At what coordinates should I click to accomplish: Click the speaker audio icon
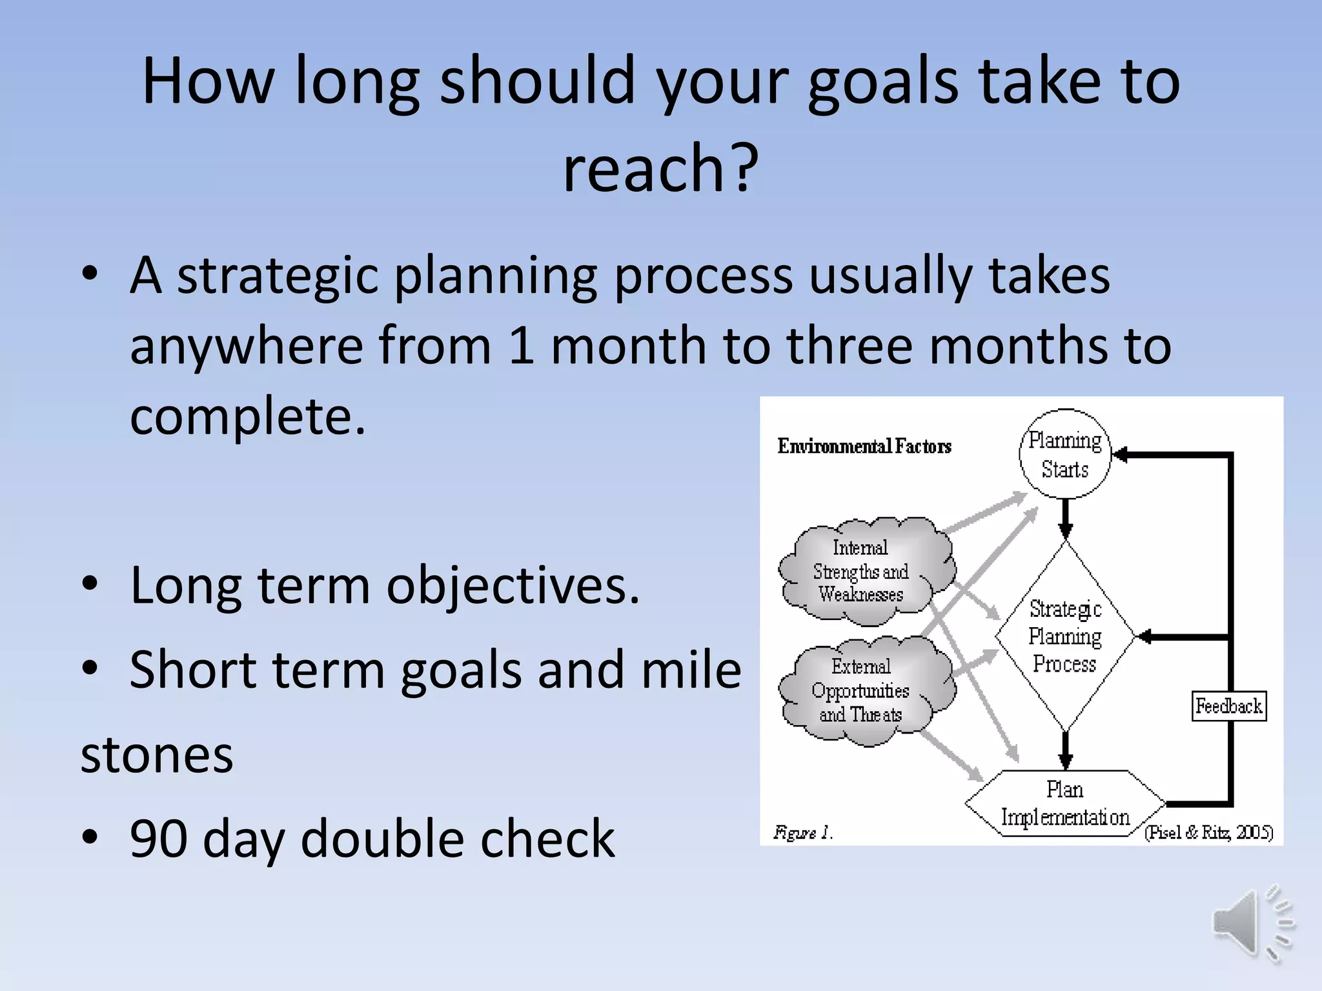coord(1252,924)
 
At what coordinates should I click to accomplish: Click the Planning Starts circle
coord(1065,454)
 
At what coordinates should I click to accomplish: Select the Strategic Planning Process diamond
coord(1065,636)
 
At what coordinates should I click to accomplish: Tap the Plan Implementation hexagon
coord(1065,803)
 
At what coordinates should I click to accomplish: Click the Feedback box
coord(1228,706)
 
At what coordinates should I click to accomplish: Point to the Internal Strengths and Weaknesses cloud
coord(862,571)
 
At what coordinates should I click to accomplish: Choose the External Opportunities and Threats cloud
coord(862,690)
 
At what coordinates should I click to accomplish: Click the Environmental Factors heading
coord(864,446)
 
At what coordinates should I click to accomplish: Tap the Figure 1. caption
coord(803,833)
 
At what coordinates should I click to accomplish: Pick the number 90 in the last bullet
coord(158,838)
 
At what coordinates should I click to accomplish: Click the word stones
coord(157,755)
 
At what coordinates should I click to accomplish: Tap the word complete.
coord(247,417)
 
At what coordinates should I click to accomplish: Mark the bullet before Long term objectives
coord(90,584)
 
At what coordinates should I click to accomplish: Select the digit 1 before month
coord(522,346)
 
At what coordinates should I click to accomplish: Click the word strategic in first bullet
coord(278,277)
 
